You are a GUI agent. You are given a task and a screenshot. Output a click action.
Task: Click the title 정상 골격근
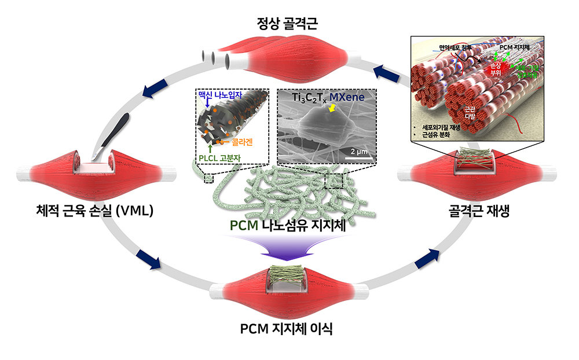tap(288, 24)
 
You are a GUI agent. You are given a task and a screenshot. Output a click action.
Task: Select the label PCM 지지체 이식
tap(287, 329)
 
